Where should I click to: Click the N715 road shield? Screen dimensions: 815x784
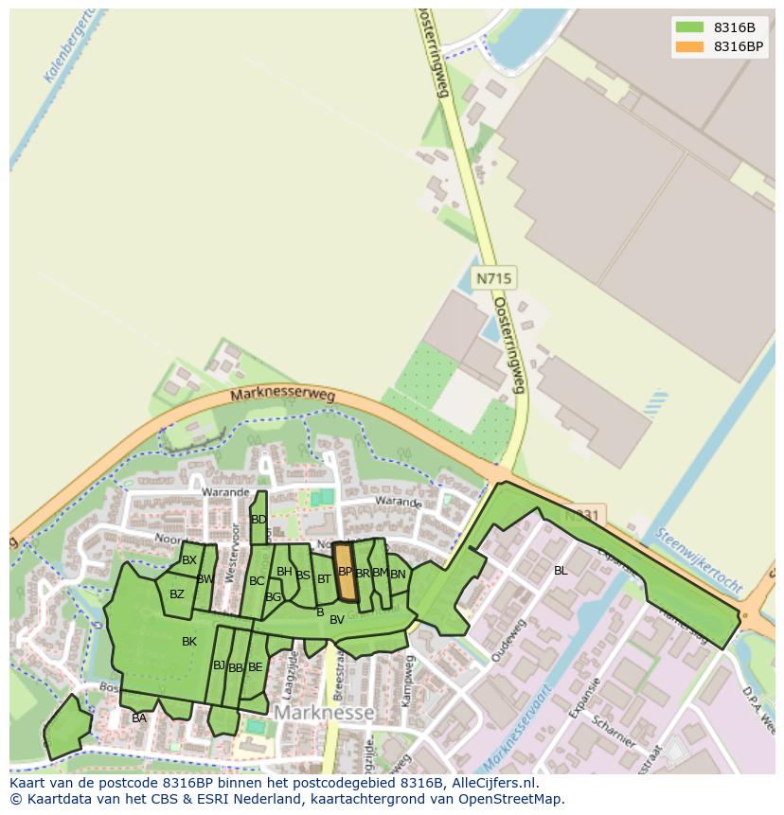[493, 278]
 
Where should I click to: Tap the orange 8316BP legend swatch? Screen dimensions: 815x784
[689, 46]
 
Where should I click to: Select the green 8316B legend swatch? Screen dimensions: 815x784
[689, 27]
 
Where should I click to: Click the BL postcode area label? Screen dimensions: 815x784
[561, 571]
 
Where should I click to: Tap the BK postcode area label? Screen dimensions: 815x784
[189, 642]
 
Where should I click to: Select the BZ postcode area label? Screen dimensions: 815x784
[177, 594]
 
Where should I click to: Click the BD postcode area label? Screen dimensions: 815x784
[258, 520]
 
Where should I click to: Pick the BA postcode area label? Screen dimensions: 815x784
[139, 718]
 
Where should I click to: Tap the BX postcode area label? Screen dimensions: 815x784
[189, 560]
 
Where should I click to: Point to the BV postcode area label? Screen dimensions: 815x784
[337, 620]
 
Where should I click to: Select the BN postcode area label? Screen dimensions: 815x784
[398, 574]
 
